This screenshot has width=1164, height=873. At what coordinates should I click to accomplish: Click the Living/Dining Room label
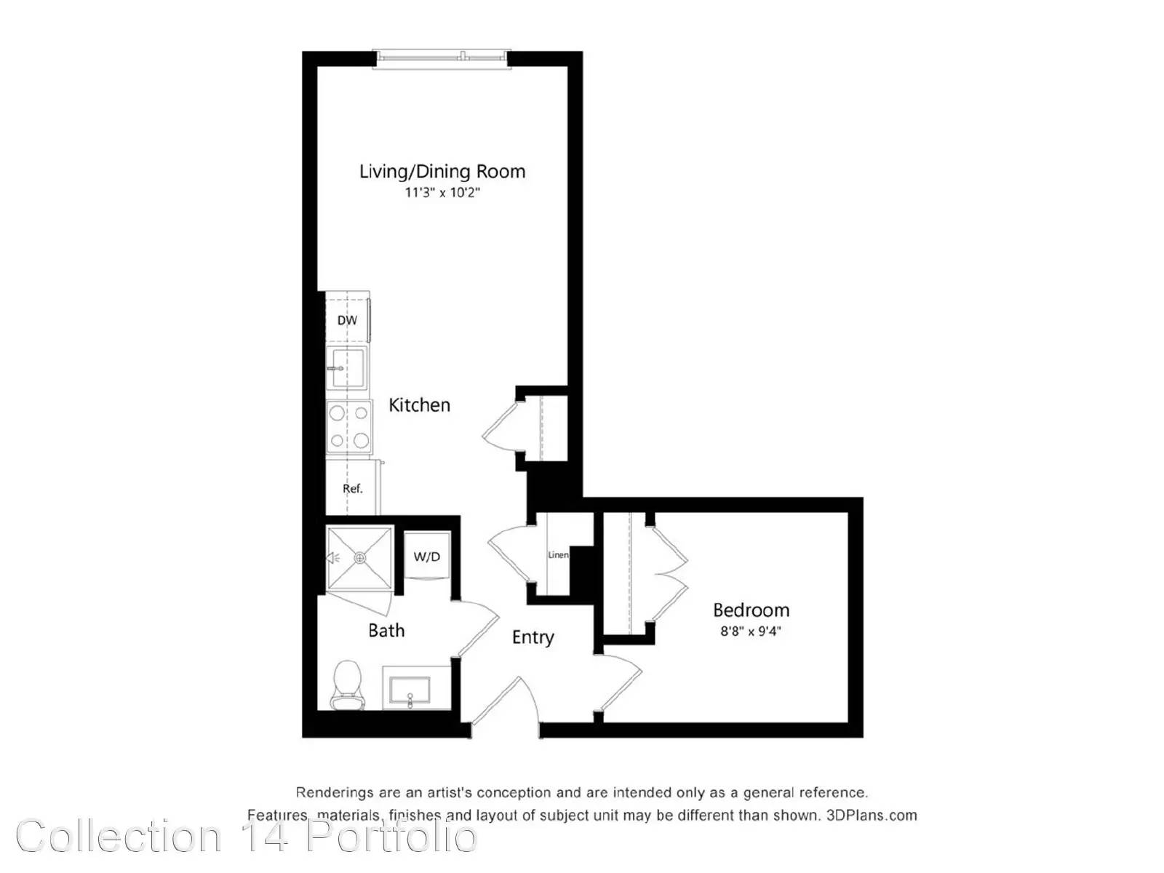coord(442,172)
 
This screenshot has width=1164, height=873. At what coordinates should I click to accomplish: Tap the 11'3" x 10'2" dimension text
coord(442,192)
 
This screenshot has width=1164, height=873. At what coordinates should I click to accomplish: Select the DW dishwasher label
coord(347,320)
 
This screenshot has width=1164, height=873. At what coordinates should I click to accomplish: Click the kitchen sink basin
coord(346,368)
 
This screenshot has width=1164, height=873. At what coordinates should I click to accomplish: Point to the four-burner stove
coord(348,427)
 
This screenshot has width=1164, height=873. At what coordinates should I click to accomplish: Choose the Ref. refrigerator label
coord(353,488)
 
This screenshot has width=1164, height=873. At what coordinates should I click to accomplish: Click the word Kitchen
coord(419,405)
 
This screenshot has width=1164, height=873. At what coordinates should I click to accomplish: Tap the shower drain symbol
coord(360,557)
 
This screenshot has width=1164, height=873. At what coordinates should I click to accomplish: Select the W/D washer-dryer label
coord(427,557)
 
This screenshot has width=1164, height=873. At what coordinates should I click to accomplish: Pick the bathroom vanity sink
coord(410,690)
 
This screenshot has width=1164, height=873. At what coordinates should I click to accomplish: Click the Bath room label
coord(386,630)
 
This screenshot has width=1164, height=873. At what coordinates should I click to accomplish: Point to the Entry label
coord(533,637)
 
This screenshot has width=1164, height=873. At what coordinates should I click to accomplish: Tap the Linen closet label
coord(558,555)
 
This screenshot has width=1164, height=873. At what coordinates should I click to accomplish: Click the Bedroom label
coord(751,610)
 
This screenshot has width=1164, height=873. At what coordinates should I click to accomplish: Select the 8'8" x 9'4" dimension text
coord(750,631)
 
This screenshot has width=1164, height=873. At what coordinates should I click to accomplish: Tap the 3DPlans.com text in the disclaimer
coord(872,816)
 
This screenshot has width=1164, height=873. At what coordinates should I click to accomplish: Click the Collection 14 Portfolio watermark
coord(247,837)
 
